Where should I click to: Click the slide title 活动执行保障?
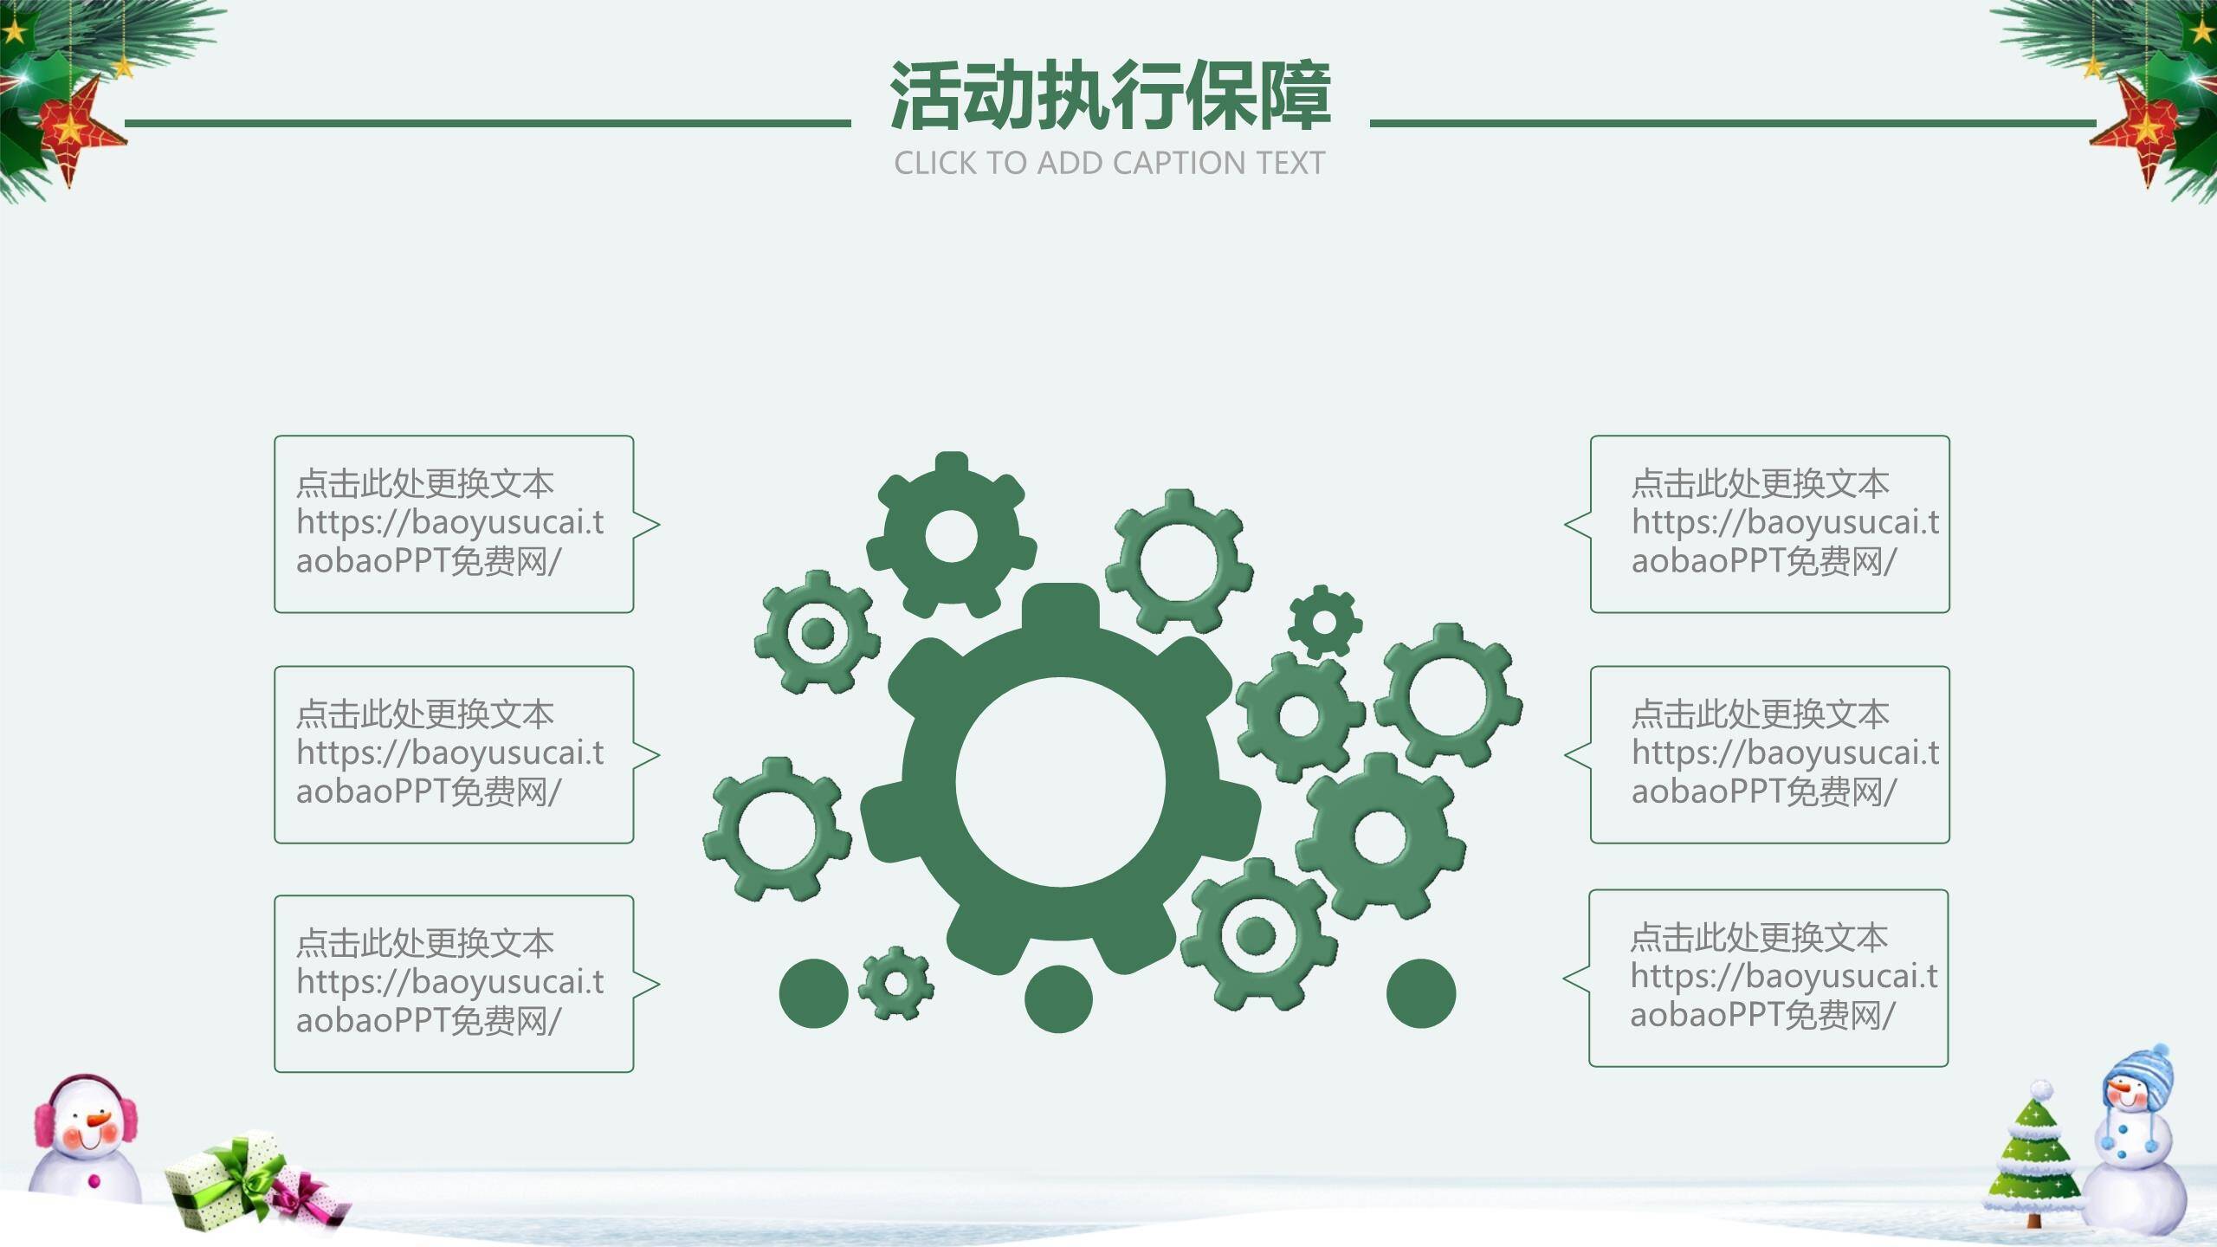pyautogui.click(x=1109, y=95)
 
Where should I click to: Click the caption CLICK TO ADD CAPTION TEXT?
pyautogui.click(x=1109, y=163)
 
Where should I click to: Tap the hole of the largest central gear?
pyautogui.click(x=1061, y=782)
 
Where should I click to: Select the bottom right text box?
pyautogui.click(x=1755, y=978)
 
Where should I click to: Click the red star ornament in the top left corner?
pyautogui.click(x=76, y=130)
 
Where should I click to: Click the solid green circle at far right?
pyautogui.click(x=1421, y=993)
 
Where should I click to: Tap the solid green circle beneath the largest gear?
pyautogui.click(x=1058, y=999)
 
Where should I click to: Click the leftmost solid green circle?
pyautogui.click(x=813, y=993)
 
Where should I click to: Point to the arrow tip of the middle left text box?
pyautogui.click(x=660, y=755)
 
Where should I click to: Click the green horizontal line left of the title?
pyautogui.click(x=488, y=123)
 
